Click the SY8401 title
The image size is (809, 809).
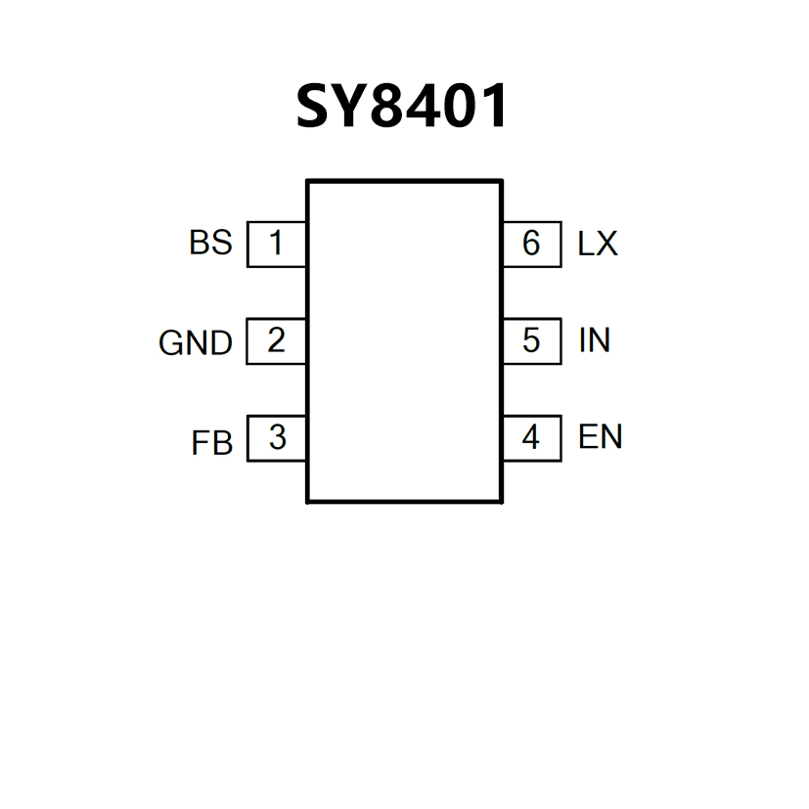tap(402, 106)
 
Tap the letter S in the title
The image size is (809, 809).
tap(314, 106)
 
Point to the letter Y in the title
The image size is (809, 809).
tap(349, 106)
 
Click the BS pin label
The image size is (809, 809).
tap(211, 243)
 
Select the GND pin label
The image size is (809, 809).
tap(196, 343)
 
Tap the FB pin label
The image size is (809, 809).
tap(212, 443)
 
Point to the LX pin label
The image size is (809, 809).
tap(598, 244)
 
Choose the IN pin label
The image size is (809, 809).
tap(595, 340)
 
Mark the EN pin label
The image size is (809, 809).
tap(600, 436)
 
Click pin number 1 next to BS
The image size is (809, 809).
tap(276, 243)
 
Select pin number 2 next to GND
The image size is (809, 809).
tap(276, 340)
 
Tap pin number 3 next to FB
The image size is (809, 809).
tap(277, 437)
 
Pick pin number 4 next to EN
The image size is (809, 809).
tap(531, 437)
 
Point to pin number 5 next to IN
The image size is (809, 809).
tap(531, 340)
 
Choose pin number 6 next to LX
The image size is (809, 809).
tap(531, 243)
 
